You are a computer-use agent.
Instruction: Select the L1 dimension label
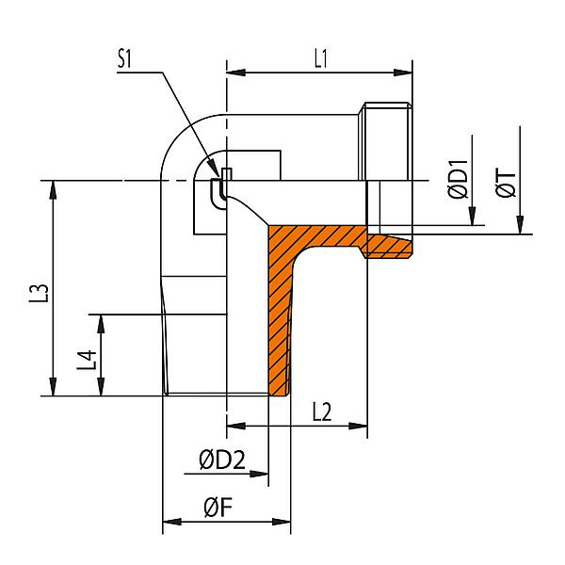click(320, 58)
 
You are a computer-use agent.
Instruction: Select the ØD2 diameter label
click(221, 460)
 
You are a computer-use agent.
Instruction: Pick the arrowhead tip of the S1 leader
click(225, 174)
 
